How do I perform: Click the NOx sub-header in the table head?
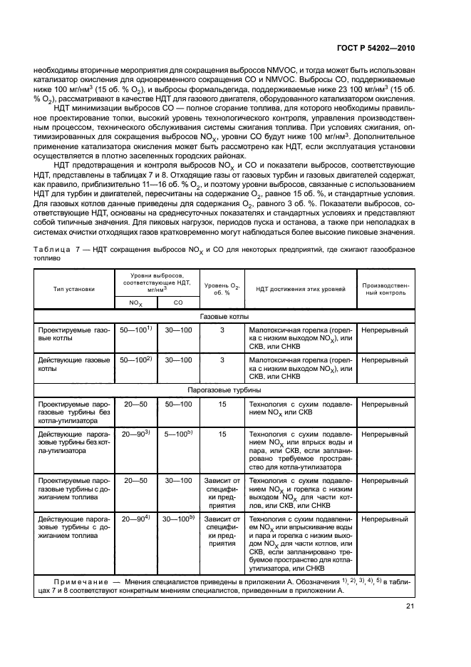(x=135, y=303)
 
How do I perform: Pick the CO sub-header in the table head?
(x=178, y=303)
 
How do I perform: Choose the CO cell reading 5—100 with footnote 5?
(x=179, y=433)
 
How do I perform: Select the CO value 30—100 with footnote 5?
(x=179, y=519)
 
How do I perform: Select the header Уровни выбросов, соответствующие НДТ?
(x=157, y=283)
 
